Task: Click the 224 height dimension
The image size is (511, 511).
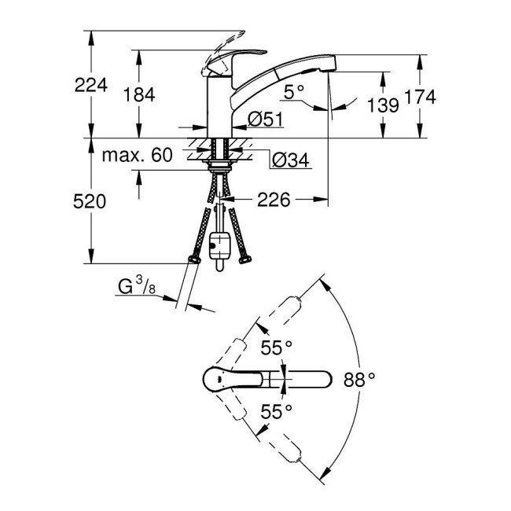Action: point(91,85)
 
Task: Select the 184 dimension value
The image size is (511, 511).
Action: point(139,94)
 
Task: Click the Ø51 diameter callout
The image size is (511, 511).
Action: point(264,119)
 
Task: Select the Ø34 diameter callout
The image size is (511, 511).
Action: point(290,161)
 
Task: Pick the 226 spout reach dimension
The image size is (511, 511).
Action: point(271,200)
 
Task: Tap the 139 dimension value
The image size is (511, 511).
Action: point(384,104)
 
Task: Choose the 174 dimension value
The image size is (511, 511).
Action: point(419,96)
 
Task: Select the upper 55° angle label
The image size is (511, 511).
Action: point(276,347)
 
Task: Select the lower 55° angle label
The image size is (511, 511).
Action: point(276,410)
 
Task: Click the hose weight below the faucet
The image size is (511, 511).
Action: point(220,244)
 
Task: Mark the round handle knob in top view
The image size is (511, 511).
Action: point(217,379)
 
